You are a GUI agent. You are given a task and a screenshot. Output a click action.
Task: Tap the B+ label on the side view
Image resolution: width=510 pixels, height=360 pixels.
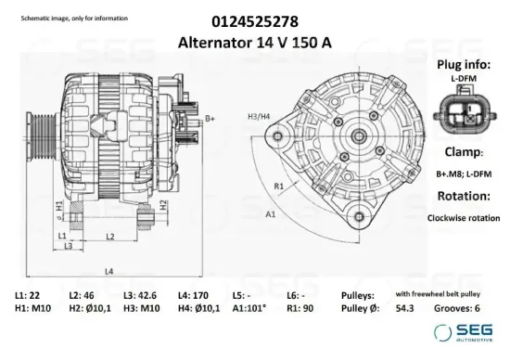(210, 119)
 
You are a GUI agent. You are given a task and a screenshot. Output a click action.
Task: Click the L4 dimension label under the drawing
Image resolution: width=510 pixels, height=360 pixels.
(108, 271)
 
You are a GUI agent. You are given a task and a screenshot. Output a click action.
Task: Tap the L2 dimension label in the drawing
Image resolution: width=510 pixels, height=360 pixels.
(109, 238)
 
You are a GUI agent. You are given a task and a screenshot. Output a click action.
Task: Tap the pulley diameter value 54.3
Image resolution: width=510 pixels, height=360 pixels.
(405, 307)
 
